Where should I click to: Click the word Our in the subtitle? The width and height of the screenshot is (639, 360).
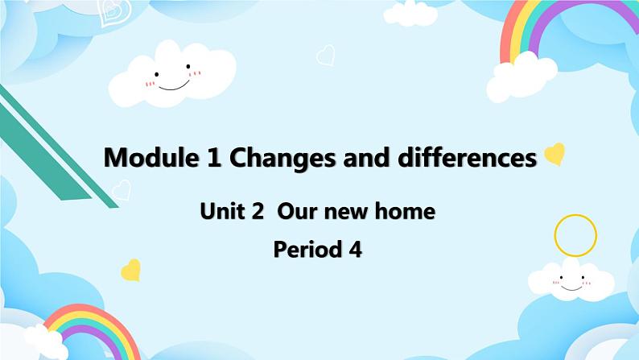click(x=295, y=212)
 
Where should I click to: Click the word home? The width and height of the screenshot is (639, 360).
click(x=407, y=212)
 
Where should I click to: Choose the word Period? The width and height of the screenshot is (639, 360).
click(x=307, y=250)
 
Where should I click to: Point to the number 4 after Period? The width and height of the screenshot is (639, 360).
click(x=355, y=250)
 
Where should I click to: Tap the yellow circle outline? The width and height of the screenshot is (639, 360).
click(x=575, y=235)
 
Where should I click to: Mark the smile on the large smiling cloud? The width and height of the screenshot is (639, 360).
click(x=171, y=81)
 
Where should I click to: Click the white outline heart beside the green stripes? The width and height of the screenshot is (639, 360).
click(x=121, y=190)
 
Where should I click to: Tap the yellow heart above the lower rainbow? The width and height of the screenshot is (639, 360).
click(x=130, y=269)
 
